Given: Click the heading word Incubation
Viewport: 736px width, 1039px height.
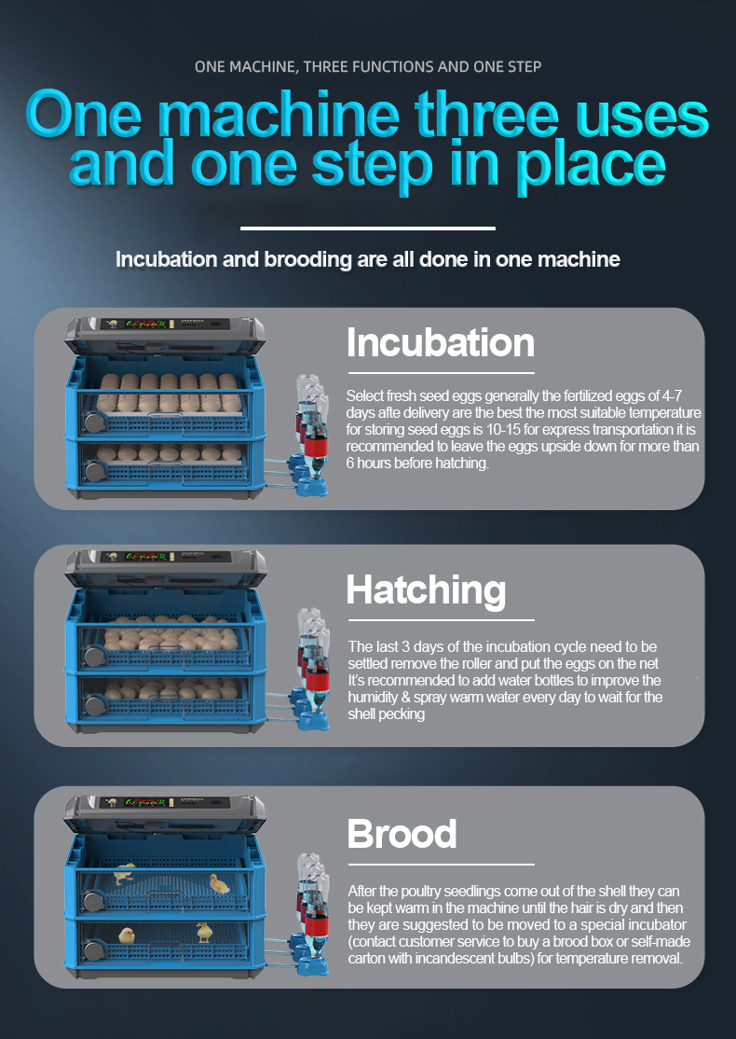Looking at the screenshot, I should [x=441, y=343].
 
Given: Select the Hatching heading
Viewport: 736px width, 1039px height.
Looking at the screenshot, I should [x=426, y=590].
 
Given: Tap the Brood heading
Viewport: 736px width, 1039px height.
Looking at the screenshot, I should [x=402, y=833].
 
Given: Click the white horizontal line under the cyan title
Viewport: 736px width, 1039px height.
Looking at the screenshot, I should [x=367, y=228].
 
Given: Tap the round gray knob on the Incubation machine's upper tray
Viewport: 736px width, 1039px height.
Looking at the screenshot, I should [x=93, y=422].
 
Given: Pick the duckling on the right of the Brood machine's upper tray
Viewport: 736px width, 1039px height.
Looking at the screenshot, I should [x=220, y=883].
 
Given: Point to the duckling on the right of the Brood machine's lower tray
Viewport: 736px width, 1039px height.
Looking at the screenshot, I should [x=204, y=931].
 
